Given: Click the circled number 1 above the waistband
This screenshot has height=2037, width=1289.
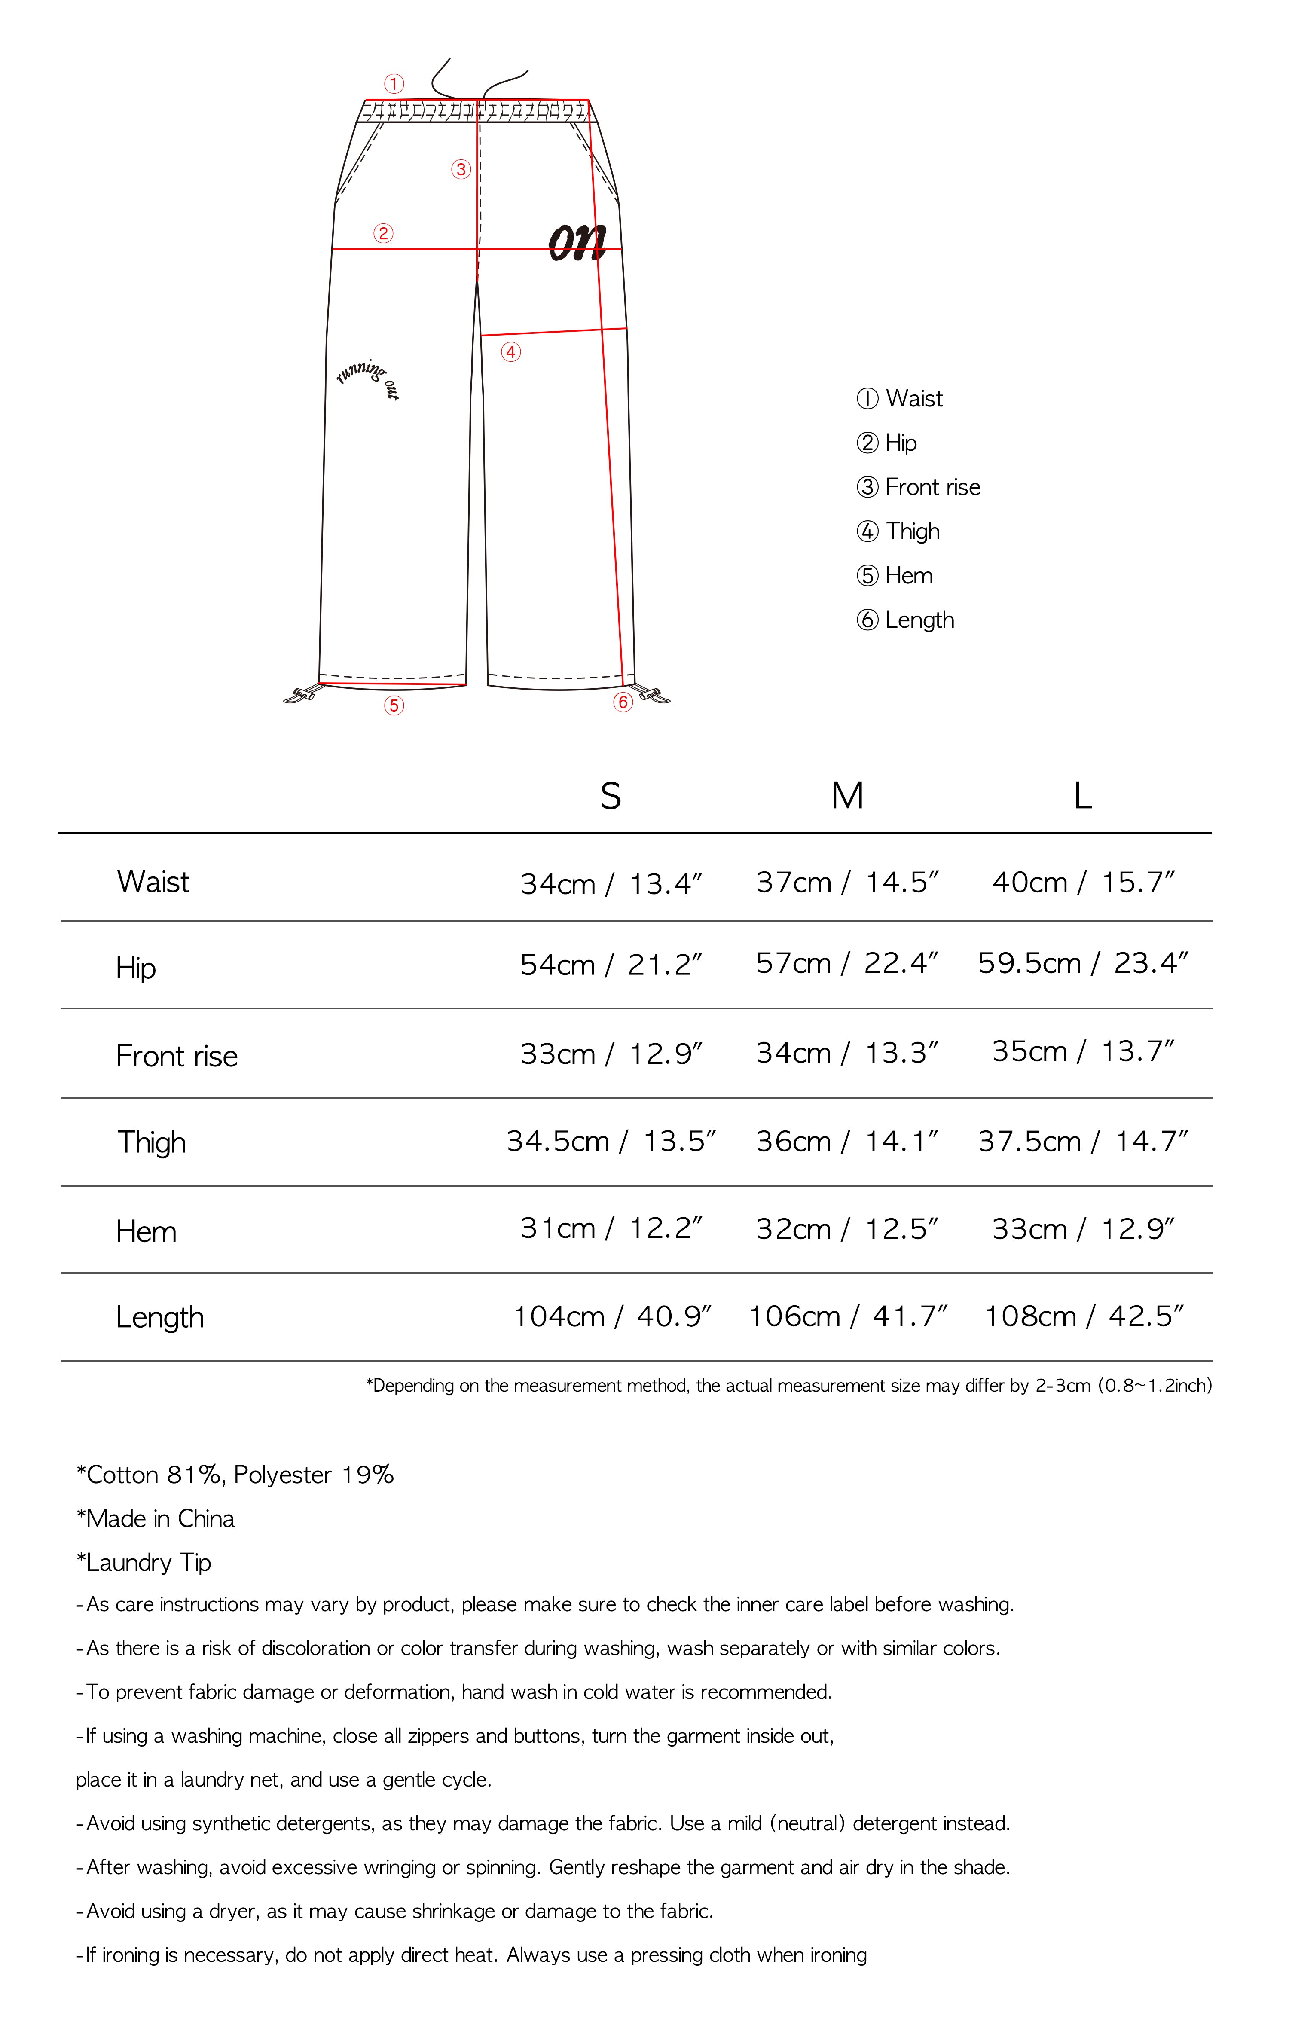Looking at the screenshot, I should pyautogui.click(x=393, y=84).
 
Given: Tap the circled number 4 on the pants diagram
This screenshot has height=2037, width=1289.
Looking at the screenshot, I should pyautogui.click(x=510, y=352).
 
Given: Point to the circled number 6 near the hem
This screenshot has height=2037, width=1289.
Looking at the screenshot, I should pyautogui.click(x=623, y=702).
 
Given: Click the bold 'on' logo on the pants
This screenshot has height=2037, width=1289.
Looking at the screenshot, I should pyautogui.click(x=577, y=243).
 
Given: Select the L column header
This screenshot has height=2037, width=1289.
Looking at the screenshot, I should pyautogui.click(x=1083, y=796).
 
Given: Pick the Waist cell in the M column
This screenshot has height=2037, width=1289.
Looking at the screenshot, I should pyautogui.click(x=846, y=883).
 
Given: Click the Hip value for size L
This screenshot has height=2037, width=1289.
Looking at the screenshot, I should pyautogui.click(x=1083, y=964).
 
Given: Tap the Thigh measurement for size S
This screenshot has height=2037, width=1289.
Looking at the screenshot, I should pyautogui.click(x=611, y=1141).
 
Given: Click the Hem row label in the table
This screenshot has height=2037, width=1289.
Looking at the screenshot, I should pyautogui.click(x=147, y=1232).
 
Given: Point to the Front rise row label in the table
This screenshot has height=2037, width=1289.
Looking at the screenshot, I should pyautogui.click(x=177, y=1056).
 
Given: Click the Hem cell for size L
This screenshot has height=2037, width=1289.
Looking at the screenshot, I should pyautogui.click(x=1083, y=1228).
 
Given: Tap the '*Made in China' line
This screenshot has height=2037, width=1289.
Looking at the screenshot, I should pyautogui.click(x=156, y=1518).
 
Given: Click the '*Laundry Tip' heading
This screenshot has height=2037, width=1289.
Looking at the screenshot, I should pyautogui.click(x=144, y=1562).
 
